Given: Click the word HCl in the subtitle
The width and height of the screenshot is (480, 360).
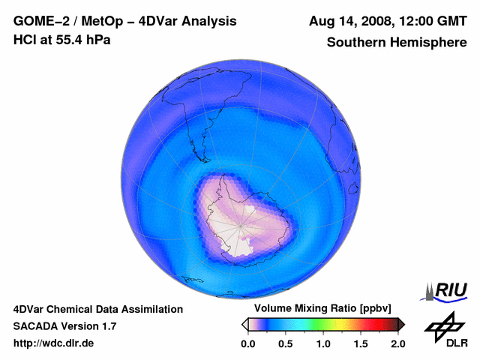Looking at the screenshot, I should pyautogui.click(x=25, y=40).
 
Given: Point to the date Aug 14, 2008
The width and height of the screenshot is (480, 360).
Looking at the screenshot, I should pyautogui.click(x=350, y=22).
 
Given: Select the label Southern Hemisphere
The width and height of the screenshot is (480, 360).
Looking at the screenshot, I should pyautogui.click(x=397, y=42).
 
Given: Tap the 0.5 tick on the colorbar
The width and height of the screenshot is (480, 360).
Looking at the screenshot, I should pyautogui.click(x=285, y=343).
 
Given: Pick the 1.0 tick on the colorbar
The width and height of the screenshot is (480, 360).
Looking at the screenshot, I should pyautogui.click(x=323, y=343).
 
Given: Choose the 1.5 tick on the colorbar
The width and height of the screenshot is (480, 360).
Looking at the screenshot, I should pyautogui.click(x=361, y=343).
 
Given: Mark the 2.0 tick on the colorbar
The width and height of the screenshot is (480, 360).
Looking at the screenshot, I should pyautogui.click(x=397, y=343).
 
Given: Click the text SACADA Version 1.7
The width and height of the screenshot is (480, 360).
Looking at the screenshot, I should pyautogui.click(x=64, y=326).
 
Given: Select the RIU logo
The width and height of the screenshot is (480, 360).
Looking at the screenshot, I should pyautogui.click(x=447, y=289).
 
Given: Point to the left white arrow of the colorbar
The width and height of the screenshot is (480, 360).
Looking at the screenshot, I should pyautogui.click(x=244, y=324).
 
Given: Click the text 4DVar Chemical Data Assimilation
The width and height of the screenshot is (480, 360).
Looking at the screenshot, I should pyautogui.click(x=97, y=309).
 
